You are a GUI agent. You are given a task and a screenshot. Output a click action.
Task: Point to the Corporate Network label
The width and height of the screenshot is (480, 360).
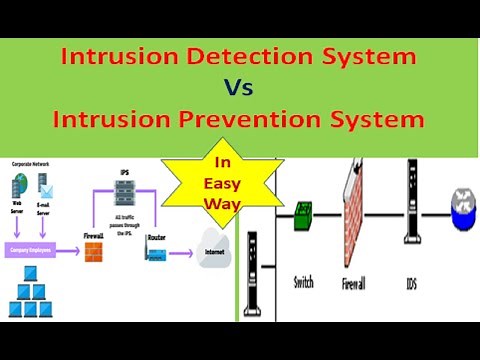click(32, 162)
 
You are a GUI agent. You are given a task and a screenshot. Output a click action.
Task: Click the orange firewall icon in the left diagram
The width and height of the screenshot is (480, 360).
click(93, 253)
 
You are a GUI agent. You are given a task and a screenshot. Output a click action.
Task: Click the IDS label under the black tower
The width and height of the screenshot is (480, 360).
click(411, 284)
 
